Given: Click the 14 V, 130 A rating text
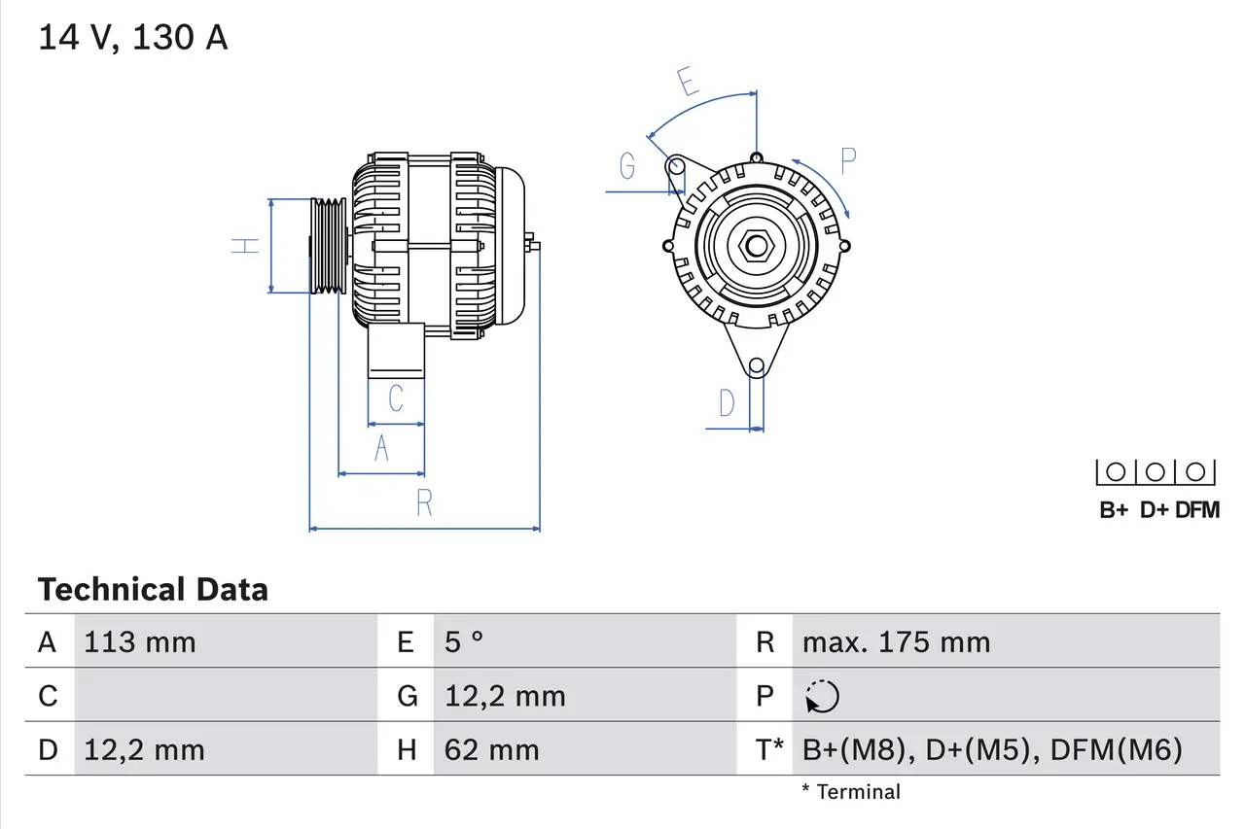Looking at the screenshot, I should [x=132, y=38].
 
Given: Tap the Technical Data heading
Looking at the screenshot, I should [x=153, y=589].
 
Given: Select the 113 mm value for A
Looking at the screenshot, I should [x=140, y=642].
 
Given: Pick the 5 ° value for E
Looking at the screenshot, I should [x=464, y=642].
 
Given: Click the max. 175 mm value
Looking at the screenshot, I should [x=896, y=642].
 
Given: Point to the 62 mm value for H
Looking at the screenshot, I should [x=491, y=749].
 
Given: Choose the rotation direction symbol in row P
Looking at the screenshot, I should [x=822, y=696].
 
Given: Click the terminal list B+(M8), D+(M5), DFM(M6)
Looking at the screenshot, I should [x=992, y=749].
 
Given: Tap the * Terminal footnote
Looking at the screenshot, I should [x=851, y=792].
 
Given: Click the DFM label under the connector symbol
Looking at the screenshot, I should [x=1196, y=509].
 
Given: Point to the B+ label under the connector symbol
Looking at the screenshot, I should [x=1114, y=509].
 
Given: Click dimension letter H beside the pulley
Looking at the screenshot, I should [x=247, y=245].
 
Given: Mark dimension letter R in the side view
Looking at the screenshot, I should [x=424, y=502].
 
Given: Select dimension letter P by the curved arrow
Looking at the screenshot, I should [x=847, y=161].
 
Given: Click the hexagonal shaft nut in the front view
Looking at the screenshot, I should [x=756, y=245].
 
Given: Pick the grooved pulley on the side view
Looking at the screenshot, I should [x=328, y=245].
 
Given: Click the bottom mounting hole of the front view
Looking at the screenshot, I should [x=756, y=366].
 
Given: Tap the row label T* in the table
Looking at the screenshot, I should [x=768, y=749].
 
